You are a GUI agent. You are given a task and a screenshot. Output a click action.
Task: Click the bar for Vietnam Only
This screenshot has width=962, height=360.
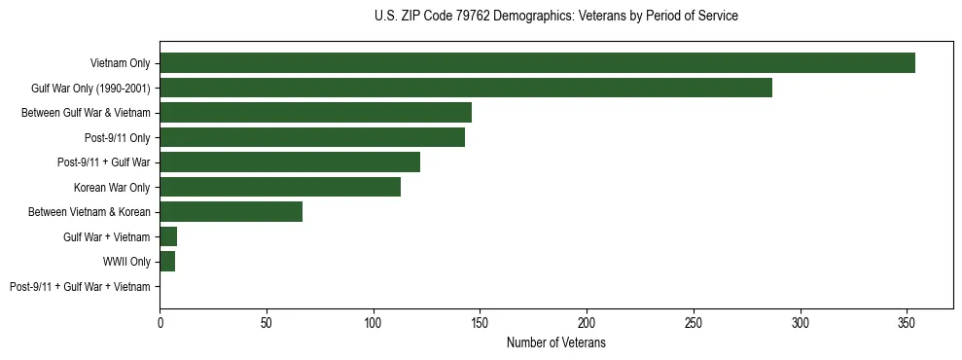[x=537, y=63]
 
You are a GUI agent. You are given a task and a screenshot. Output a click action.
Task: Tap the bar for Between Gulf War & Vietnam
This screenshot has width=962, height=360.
[x=315, y=113]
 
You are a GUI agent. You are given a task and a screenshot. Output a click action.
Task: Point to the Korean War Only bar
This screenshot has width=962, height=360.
[x=280, y=187]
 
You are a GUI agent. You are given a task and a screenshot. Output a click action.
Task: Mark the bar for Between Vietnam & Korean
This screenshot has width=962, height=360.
[x=232, y=212]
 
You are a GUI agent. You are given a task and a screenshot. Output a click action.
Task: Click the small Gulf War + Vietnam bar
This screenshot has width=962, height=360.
[x=168, y=236]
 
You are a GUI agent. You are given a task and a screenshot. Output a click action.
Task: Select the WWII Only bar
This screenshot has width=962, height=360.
[x=167, y=262]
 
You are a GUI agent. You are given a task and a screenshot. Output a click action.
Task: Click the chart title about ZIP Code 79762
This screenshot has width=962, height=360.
[x=555, y=17]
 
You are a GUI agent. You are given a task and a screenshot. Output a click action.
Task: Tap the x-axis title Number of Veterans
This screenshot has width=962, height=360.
[x=555, y=342]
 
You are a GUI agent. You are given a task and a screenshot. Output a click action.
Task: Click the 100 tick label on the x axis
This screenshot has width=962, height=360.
[x=374, y=322]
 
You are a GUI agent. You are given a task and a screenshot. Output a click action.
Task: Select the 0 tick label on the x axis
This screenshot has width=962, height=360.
[x=160, y=322]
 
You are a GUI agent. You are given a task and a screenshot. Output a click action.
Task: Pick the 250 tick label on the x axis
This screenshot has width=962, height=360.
[x=694, y=322]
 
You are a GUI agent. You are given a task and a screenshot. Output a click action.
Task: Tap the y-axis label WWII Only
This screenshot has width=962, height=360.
[x=126, y=262]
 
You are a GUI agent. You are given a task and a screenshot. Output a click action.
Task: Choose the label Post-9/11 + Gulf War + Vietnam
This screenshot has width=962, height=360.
[x=80, y=286]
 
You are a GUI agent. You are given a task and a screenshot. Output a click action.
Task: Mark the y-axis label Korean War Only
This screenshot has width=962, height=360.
[x=112, y=187]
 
